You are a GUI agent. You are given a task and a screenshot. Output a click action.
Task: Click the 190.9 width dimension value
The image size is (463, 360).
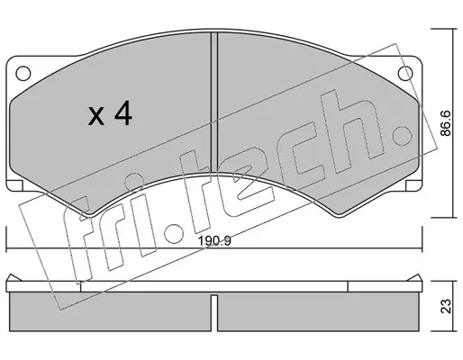[214, 241]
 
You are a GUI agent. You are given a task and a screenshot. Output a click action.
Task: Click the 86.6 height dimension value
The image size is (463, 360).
[446, 123]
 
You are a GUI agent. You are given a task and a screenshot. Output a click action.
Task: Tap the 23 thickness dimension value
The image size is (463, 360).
[446, 306]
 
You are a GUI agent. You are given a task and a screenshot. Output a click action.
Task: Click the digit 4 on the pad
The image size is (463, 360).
[123, 113]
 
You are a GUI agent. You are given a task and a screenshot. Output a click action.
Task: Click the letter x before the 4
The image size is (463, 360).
[96, 117]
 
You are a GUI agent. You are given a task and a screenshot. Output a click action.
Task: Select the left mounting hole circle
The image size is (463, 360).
[23, 73]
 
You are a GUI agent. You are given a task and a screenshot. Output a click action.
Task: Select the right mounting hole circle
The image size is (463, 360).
[405, 73]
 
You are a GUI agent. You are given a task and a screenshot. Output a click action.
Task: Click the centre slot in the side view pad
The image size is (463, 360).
[214, 313]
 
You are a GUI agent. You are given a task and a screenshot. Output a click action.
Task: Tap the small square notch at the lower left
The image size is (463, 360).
[14, 185]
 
